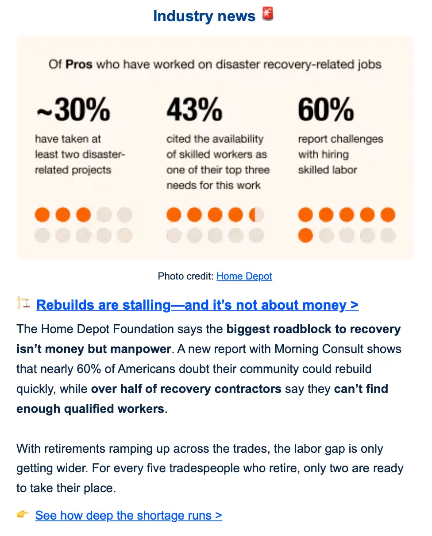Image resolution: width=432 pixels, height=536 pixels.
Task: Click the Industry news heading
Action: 204,16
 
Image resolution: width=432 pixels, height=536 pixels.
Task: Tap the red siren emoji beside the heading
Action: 268,15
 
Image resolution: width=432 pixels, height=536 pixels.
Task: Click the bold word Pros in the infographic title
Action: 79,65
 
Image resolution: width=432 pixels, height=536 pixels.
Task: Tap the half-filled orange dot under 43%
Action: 256,215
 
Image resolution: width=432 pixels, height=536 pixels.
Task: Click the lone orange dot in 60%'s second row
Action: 305,235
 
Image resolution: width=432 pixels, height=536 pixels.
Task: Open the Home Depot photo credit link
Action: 244,276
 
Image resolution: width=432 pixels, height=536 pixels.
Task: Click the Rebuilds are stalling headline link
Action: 197,305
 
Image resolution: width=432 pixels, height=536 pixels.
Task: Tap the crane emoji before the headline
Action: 23,303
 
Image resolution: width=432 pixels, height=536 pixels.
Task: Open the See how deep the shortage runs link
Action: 128,516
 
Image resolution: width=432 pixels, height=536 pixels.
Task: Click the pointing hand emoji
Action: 23,514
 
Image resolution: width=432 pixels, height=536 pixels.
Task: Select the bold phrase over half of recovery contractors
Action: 186,389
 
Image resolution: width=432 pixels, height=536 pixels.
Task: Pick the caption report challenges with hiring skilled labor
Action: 340,155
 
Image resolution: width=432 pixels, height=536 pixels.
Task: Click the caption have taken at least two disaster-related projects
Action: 80,155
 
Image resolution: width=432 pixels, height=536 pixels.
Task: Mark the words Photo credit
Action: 185,276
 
